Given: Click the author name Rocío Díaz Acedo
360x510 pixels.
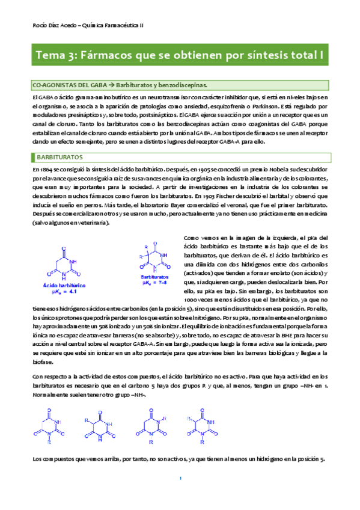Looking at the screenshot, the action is (52, 24).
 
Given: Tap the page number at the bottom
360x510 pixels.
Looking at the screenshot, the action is (180, 478).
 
